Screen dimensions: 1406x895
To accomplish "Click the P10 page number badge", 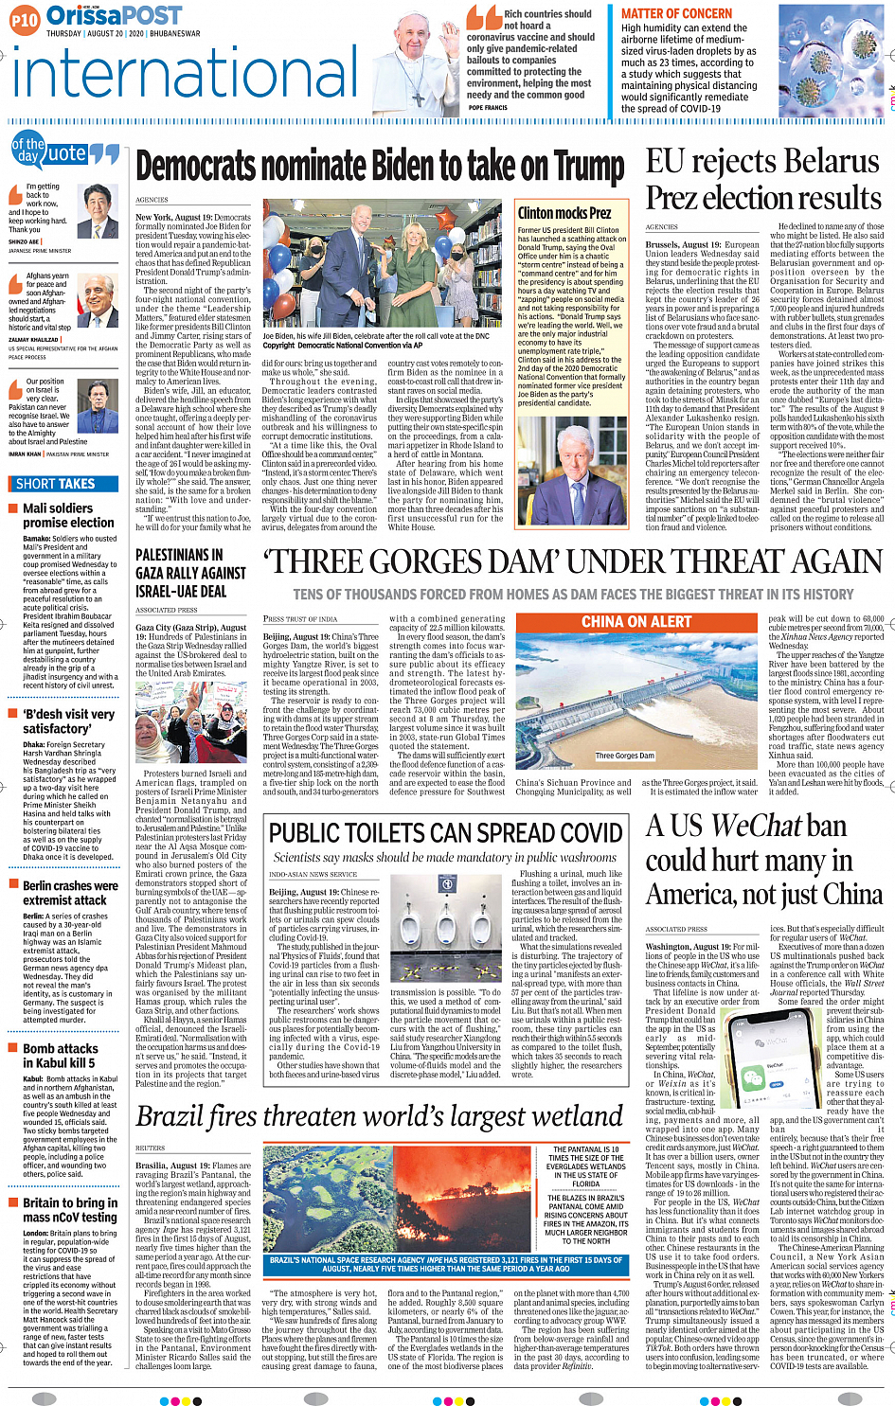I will pos(25,19).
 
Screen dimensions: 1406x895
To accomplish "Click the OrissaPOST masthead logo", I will pos(114,16).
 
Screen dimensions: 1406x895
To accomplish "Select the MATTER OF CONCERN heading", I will pos(676,13).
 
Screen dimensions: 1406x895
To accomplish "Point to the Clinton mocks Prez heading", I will pos(564,213).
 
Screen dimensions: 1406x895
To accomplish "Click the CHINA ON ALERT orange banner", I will pos(635,622).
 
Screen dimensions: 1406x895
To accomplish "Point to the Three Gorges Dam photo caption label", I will pos(625,756).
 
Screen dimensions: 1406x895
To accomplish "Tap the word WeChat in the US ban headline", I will pos(757,827).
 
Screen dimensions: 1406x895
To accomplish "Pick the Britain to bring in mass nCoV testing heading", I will pos(70,1209).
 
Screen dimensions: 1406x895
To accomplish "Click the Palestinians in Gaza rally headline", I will pos(190,573).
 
